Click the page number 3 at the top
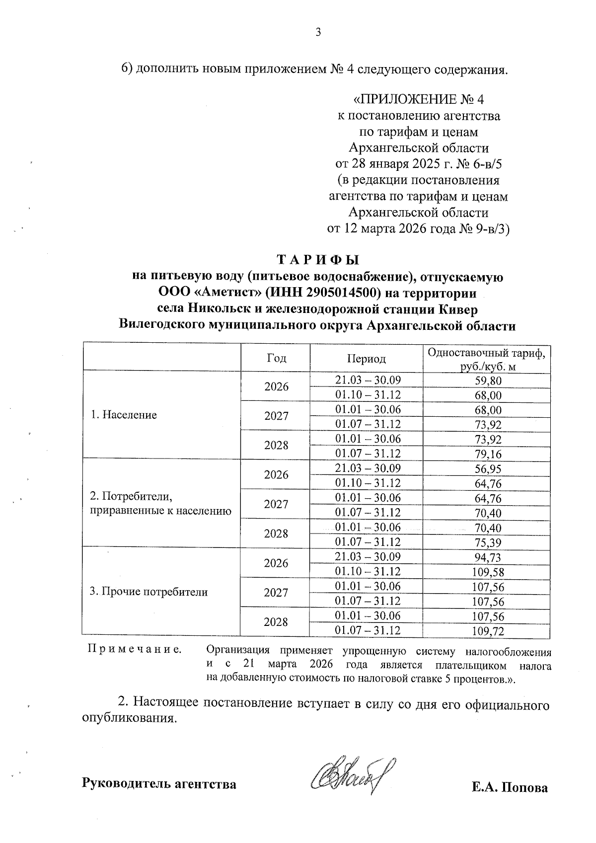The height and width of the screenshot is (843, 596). [x=318, y=33]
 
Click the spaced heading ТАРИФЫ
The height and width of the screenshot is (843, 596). [x=317, y=260]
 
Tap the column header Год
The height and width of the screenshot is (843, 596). [x=276, y=358]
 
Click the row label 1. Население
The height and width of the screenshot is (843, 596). [x=124, y=415]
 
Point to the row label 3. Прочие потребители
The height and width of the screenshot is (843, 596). [x=148, y=592]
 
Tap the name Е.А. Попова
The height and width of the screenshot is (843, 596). [x=510, y=788]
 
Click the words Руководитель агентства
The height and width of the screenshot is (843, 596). [x=159, y=784]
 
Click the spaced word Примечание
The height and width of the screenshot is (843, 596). [x=134, y=649]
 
